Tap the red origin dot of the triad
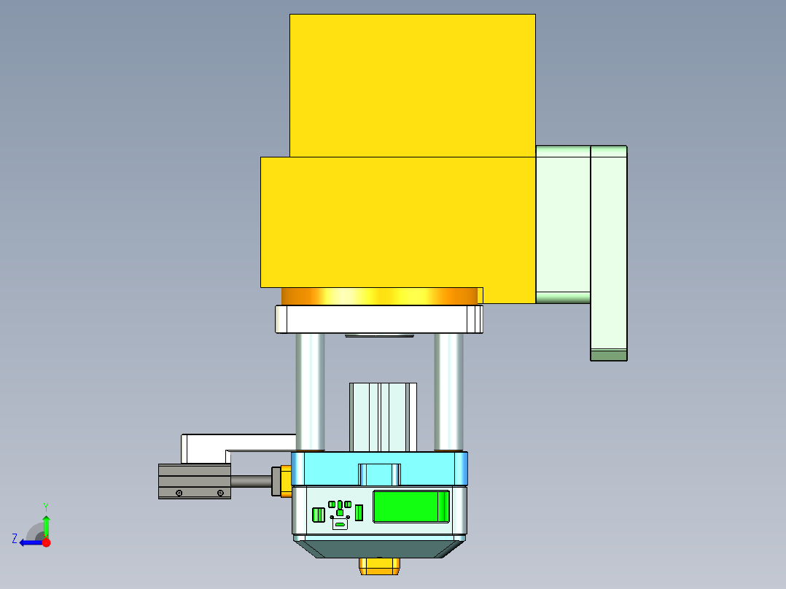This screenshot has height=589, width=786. click(x=46, y=542)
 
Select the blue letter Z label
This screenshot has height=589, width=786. click(x=15, y=539)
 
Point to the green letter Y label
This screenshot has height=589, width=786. click(x=45, y=506)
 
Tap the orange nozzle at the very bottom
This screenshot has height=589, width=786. click(x=379, y=566)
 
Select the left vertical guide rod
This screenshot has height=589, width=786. click(x=310, y=391)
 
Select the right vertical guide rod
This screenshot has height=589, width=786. click(x=448, y=391)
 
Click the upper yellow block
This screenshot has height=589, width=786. click(x=412, y=84)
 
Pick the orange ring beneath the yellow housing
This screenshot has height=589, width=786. click(x=379, y=296)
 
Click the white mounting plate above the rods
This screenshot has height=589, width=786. click(x=379, y=319)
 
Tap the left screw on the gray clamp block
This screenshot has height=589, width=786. click(x=179, y=494)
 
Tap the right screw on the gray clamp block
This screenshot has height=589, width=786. click(x=220, y=494)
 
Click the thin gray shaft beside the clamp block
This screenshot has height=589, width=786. click(x=251, y=481)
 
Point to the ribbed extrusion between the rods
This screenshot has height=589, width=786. click(x=383, y=417)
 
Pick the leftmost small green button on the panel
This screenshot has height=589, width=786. click(x=318, y=515)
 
